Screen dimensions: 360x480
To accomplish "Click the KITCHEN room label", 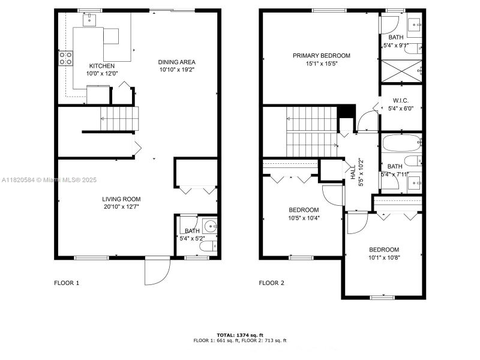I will [103, 66].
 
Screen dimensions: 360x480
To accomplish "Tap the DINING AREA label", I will [176, 62].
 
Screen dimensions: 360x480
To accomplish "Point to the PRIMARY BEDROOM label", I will [321, 56].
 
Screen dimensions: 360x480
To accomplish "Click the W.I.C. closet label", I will [401, 100].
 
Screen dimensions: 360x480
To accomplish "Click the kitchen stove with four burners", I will [66, 58].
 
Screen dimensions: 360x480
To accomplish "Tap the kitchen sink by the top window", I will [89, 19].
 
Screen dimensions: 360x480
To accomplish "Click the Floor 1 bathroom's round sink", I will [210, 227].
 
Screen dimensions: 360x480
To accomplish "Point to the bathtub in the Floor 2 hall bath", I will [401, 144].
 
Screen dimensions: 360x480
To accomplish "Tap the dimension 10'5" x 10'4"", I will [304, 218].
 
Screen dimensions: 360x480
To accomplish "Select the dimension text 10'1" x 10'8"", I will [383, 258].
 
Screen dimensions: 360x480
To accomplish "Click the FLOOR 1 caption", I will [67, 283].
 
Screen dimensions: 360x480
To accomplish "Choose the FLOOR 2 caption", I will [271, 283].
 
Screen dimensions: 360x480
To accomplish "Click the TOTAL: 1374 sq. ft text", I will [239, 335].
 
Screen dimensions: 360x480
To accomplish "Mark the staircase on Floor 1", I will [119, 118].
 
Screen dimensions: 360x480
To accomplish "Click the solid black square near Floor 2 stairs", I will [347, 112].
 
